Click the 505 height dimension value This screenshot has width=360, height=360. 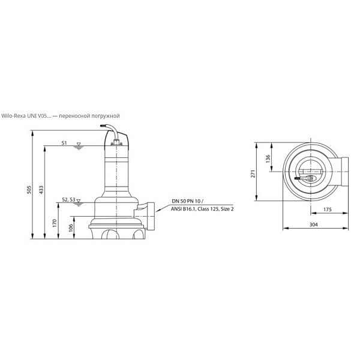point(29,190)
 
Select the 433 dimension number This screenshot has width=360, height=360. point(41,190)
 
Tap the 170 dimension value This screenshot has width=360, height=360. point(55,223)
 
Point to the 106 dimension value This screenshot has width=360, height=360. point(71,228)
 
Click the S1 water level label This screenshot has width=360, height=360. point(64,143)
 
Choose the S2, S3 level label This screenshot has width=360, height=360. point(68,200)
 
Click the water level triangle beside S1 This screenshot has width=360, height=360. point(79,144)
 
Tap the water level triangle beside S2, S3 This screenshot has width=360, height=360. point(79,200)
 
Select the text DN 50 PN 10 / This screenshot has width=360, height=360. point(188,202)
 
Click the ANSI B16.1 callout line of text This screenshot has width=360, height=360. point(202,209)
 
